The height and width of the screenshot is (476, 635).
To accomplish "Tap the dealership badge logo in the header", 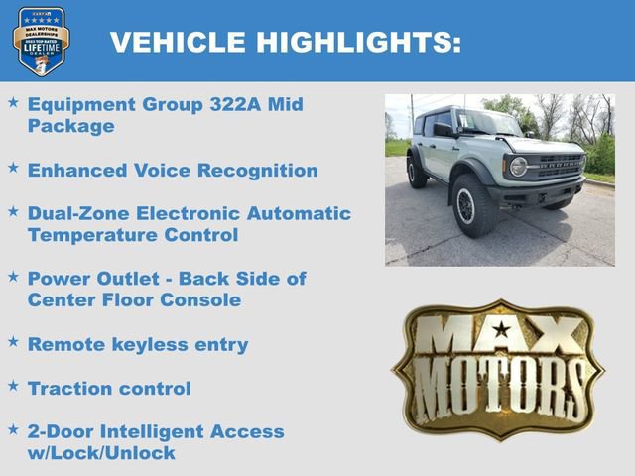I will click(42, 41).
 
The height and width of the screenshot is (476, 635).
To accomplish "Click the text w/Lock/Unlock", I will click(101, 453).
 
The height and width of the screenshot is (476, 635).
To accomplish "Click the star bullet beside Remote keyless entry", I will click(13, 341).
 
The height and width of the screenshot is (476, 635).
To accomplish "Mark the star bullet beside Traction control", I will click(13, 385).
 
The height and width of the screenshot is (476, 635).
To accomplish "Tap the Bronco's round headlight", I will click(518, 166).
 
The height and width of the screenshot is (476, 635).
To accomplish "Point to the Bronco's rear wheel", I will click(417, 172).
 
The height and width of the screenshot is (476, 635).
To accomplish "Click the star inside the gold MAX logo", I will click(503, 328).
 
